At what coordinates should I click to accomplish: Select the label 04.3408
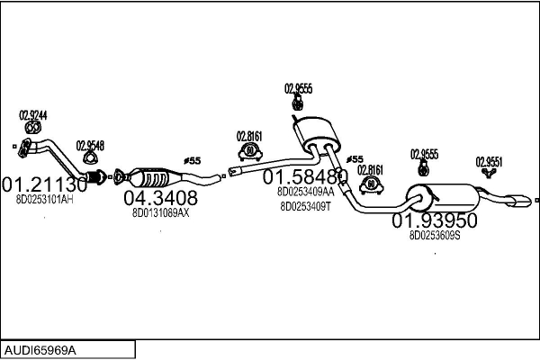160,197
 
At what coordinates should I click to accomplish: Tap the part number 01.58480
305,176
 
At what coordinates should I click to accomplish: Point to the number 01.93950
434,220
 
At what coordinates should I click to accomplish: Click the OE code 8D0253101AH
45,199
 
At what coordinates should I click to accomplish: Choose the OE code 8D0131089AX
160,212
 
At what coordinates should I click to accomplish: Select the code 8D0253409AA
305,191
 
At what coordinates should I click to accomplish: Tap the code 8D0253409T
305,205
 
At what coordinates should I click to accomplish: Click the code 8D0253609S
435,235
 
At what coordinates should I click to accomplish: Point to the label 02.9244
33,115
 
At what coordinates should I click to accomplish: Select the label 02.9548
90,145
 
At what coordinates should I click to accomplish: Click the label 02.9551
489,162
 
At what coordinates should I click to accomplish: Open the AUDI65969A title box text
40,349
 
